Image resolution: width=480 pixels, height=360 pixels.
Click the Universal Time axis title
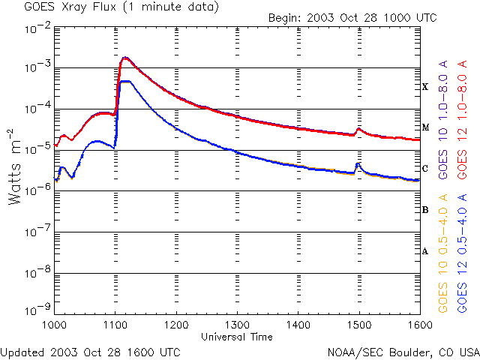(x=236, y=337)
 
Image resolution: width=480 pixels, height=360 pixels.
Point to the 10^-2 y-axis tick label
(x=36, y=28)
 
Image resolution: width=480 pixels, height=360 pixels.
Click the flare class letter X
(x=425, y=87)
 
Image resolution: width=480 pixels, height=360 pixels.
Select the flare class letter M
(x=425, y=127)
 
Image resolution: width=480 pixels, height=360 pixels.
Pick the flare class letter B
(x=425, y=210)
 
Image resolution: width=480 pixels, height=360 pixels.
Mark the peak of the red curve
(x=125, y=58)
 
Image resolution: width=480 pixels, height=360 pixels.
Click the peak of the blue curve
(x=125, y=81)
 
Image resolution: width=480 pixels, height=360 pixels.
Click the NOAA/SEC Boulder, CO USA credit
(x=403, y=351)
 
